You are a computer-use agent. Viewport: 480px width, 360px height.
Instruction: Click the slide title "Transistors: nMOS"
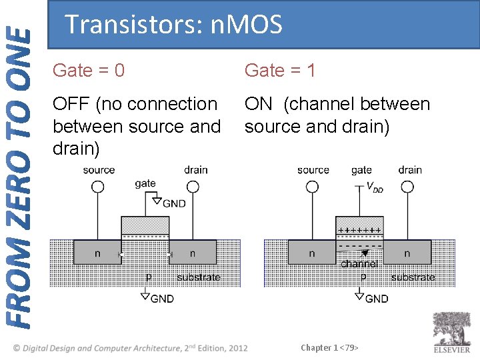click(174, 25)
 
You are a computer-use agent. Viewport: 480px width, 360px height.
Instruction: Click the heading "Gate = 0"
click(88, 70)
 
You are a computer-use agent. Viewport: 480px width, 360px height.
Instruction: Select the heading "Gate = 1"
click(280, 70)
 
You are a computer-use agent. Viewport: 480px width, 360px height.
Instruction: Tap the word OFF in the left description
click(71, 104)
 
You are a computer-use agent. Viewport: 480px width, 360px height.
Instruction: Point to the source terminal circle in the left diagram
click(98, 187)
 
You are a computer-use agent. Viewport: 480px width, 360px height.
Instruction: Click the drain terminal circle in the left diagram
click(195, 187)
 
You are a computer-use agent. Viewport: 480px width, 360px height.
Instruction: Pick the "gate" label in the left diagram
click(145, 183)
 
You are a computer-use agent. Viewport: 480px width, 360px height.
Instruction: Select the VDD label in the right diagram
click(374, 189)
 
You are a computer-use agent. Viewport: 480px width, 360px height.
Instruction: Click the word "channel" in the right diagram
click(359, 264)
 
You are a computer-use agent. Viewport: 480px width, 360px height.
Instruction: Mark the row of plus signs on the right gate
click(359, 230)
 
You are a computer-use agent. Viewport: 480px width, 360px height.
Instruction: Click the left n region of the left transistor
click(98, 253)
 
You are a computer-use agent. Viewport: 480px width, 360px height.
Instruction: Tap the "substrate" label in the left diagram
click(198, 277)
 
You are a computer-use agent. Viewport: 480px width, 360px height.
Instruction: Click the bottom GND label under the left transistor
click(161, 299)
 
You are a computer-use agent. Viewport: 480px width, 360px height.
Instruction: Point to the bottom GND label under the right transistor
click(376, 299)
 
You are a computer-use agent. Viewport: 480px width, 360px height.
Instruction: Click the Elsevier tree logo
click(451, 329)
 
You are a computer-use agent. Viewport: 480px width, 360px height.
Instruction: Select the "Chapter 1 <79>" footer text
click(329, 347)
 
